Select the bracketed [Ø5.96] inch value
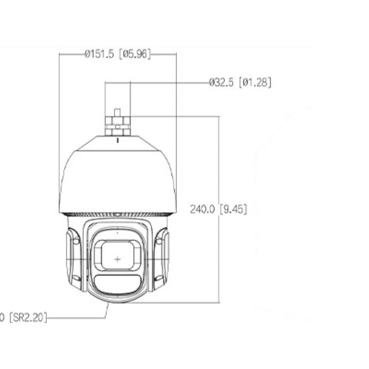pos(135,54)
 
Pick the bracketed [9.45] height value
pos(233,209)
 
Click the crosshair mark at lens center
pos(117,259)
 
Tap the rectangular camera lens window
pos(117,255)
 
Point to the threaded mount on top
pos(117,126)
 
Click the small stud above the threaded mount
pos(117,112)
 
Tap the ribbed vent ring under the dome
pos(117,215)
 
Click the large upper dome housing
pos(117,181)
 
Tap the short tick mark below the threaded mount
pos(117,141)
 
